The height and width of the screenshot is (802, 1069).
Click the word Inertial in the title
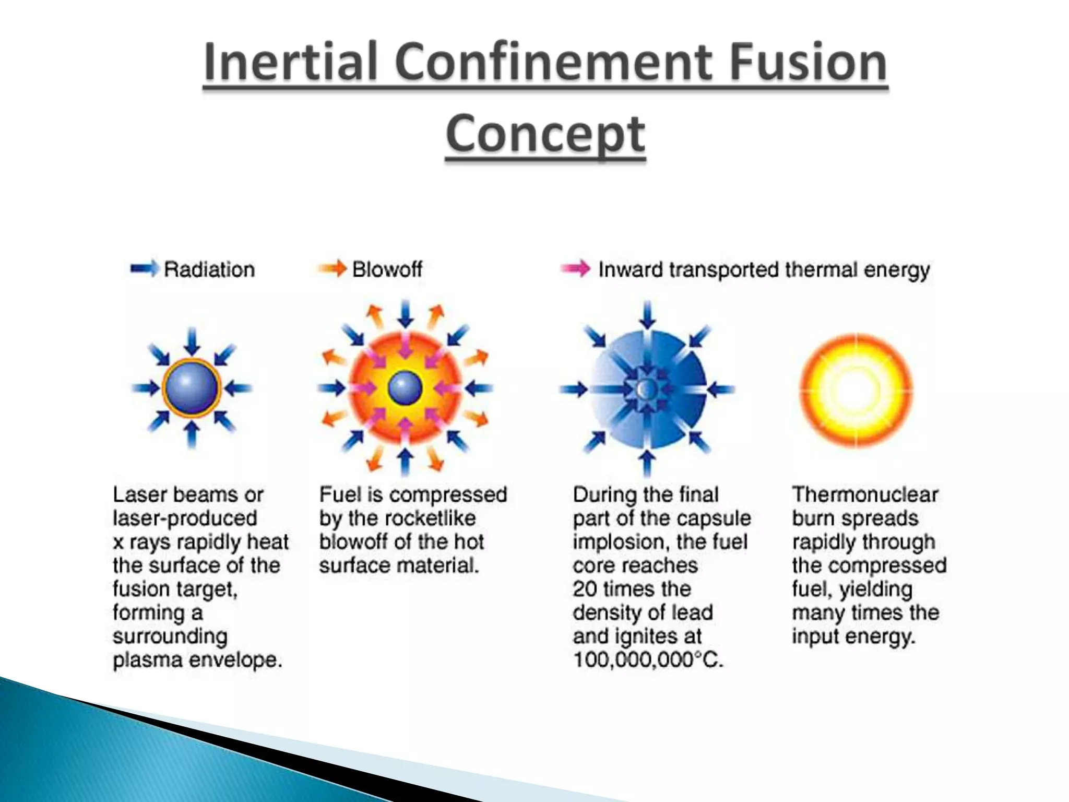pos(290,62)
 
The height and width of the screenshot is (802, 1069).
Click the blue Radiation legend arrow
pos(144,269)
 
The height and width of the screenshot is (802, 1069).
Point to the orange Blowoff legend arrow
pos(331,269)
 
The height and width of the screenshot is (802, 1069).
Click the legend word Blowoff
pos(387,269)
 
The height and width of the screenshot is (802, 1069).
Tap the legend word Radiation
pos(209,269)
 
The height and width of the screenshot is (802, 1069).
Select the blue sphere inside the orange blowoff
pos(405,388)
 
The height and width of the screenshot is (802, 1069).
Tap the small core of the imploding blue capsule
pos(647,388)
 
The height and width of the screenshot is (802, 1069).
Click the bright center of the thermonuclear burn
pos(856,389)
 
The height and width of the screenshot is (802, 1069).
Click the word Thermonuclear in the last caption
pos(865,494)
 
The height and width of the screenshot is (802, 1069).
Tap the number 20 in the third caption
pos(584,589)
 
